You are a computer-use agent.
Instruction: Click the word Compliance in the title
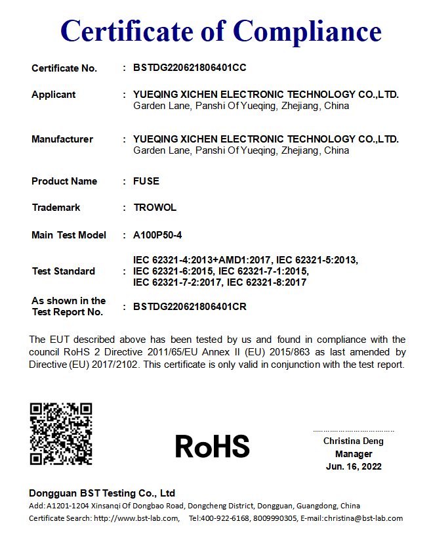coord(307,30)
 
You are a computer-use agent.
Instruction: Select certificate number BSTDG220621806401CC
coord(190,68)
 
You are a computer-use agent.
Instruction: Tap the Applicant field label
coord(54,95)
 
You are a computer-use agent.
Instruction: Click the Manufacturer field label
coord(62,139)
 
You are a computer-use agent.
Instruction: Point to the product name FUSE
coord(146,181)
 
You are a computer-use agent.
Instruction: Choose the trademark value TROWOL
coord(155,208)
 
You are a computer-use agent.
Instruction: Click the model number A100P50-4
coord(157,235)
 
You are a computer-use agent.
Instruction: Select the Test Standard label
coord(64,271)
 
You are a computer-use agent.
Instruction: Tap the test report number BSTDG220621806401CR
coord(190,306)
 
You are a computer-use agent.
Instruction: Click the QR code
coord(61,434)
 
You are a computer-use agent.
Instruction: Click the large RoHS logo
coord(213,447)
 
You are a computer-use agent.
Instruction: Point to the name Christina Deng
coord(354,441)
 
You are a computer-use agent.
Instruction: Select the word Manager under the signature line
coord(354,454)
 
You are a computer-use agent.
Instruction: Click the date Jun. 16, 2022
coord(354,466)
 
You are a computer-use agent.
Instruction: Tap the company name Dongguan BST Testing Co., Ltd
coord(102,493)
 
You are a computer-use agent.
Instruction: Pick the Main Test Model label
coord(69,235)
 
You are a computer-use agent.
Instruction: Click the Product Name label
coord(64,181)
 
